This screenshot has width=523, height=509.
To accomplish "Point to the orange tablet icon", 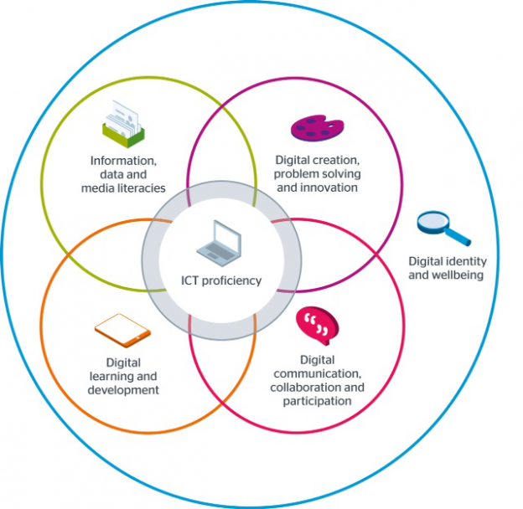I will [122, 329].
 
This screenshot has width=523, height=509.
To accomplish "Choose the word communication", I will [317, 373].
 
